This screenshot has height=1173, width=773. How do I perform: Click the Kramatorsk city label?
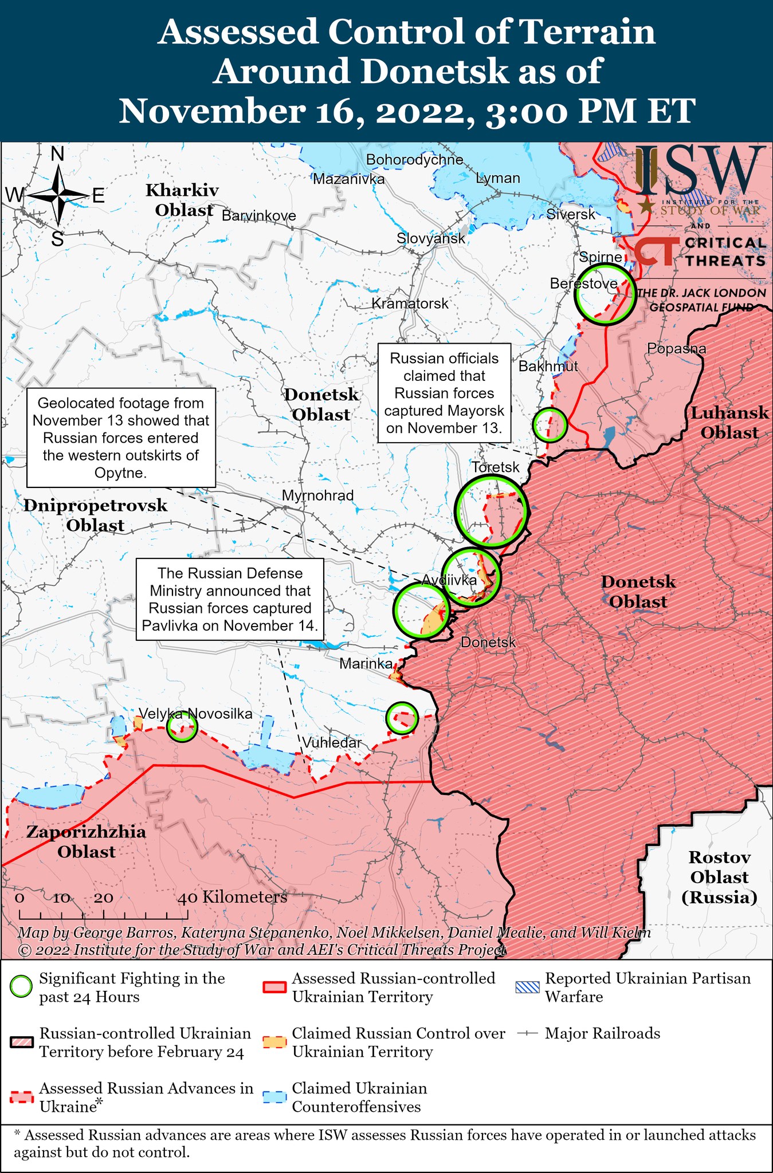tap(410, 304)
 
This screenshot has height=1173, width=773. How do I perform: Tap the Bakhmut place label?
tap(548, 367)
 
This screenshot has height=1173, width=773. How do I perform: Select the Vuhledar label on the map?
tap(332, 743)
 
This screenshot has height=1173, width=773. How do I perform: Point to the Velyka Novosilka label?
tap(195, 714)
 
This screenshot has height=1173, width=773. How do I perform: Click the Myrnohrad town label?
tap(318, 495)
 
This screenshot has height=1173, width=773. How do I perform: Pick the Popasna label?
tap(676, 348)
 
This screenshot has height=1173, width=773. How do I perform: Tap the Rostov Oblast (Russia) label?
tap(719, 877)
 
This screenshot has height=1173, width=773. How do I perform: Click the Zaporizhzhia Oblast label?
tap(86, 841)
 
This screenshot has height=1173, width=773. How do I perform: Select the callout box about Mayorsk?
tap(444, 393)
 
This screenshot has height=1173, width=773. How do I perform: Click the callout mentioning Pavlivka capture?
tap(230, 599)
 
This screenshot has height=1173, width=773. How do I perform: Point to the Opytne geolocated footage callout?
tap(121, 438)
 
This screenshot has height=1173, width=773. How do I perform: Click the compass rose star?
tap(59, 196)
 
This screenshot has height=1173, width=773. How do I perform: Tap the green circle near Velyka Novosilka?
tap(182, 727)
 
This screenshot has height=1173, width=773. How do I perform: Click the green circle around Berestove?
tap(605, 294)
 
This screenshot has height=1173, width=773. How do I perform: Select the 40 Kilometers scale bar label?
tap(232, 897)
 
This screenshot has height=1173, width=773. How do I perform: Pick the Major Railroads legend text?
tap(602, 1033)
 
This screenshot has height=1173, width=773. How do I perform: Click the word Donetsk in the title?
tap(434, 72)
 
